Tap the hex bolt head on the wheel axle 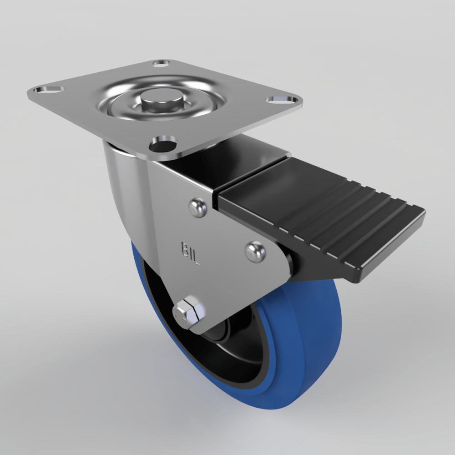(x=188, y=313)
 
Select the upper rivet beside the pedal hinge (x=198, y=207)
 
